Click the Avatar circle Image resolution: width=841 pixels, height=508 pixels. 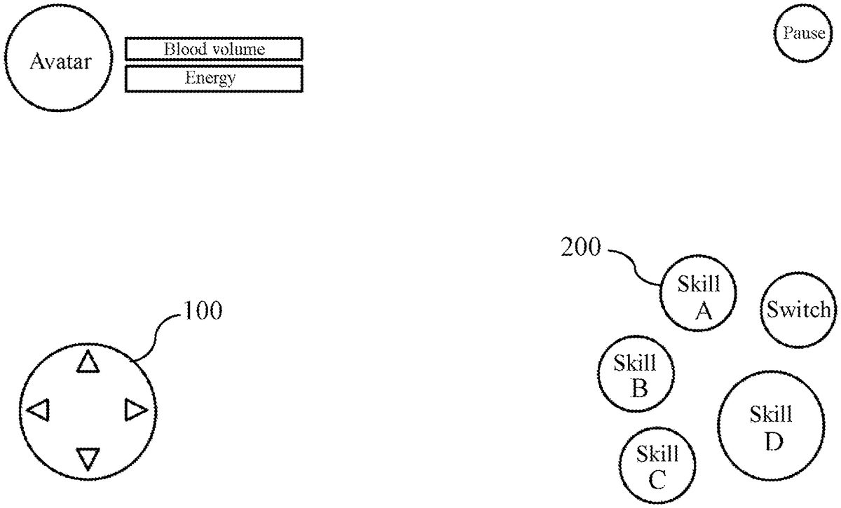point(59,61)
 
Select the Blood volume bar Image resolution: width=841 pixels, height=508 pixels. point(214,49)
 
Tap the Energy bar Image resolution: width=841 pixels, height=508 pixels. point(214,78)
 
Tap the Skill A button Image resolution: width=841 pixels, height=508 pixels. point(698,295)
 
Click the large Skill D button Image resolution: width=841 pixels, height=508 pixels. point(770,426)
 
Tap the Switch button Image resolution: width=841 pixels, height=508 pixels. point(798,309)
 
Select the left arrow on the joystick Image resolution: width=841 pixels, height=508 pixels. point(39,409)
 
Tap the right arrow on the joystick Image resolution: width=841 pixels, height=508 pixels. point(135,409)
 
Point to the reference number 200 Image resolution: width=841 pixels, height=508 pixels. point(580,247)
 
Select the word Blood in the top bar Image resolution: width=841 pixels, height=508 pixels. point(182,49)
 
